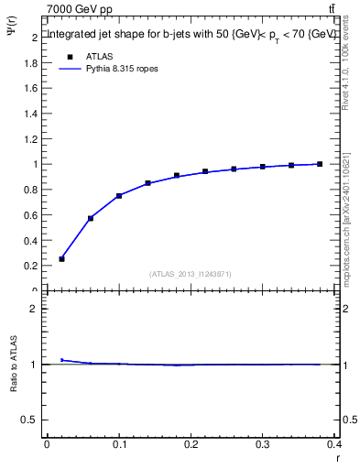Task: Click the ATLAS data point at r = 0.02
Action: pyautogui.click(x=61, y=259)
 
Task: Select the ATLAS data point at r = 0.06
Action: pyautogui.click(x=91, y=218)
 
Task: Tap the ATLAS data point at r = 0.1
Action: pyautogui.click(x=119, y=195)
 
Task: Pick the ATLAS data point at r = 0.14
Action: pyautogui.click(x=147, y=183)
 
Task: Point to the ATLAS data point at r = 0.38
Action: pyautogui.click(x=320, y=164)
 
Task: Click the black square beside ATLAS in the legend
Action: pyautogui.click(x=68, y=57)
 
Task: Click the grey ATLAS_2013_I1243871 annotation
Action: pyautogui.click(x=191, y=274)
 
